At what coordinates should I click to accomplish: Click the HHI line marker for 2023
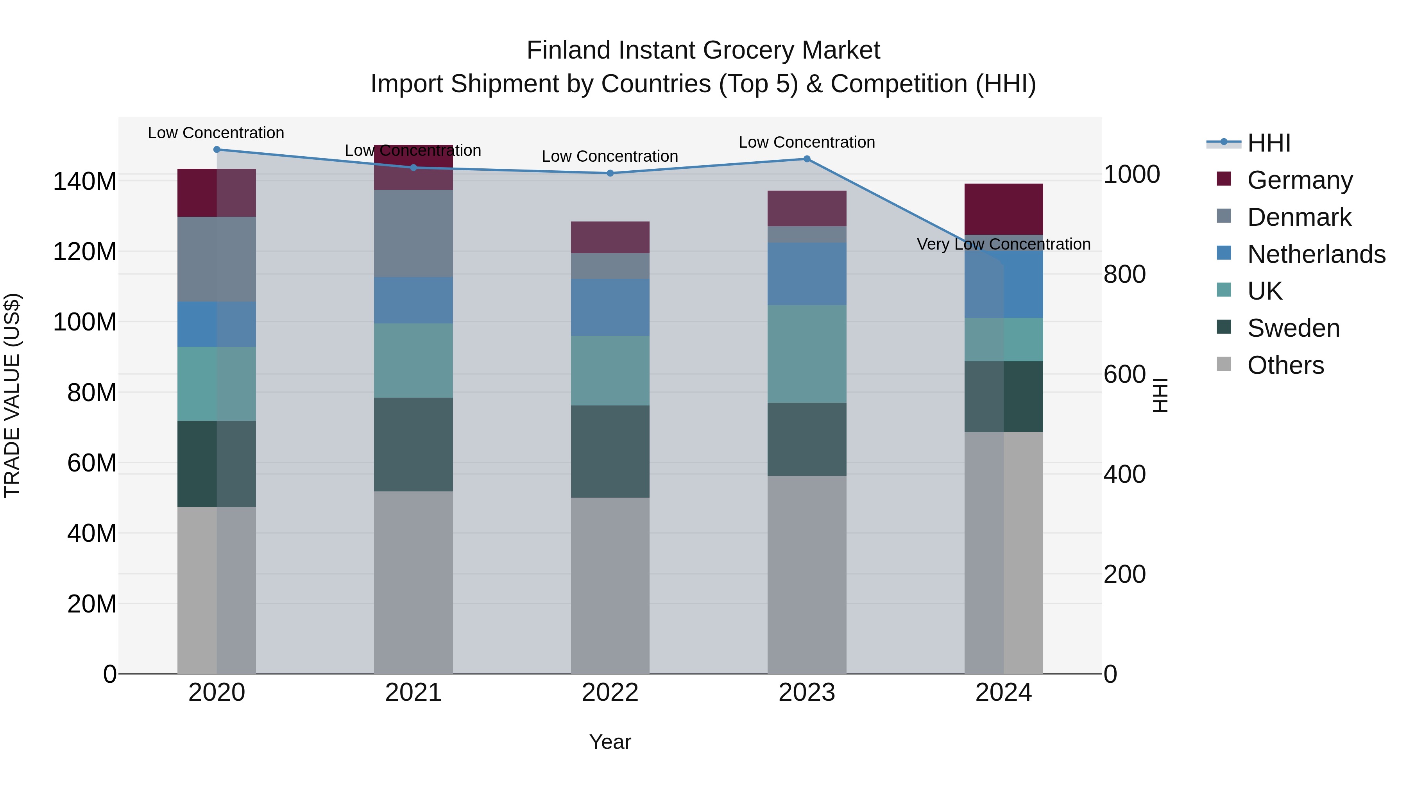click(x=807, y=159)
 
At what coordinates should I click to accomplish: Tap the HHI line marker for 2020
click(x=217, y=150)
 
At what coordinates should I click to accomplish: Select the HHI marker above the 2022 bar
click(x=610, y=173)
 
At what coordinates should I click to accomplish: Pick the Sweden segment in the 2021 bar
click(x=414, y=445)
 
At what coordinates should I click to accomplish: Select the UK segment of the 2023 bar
click(x=807, y=354)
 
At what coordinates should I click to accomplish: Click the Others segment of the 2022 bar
click(x=610, y=585)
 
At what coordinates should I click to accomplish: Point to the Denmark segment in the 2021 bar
click(x=414, y=233)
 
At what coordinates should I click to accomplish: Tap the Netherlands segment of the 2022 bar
click(x=610, y=307)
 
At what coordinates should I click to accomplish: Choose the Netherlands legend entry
click(x=1316, y=254)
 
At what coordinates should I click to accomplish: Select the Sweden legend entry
click(x=1293, y=328)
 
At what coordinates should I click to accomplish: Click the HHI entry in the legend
click(x=1269, y=143)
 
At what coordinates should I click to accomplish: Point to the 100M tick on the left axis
click(x=85, y=322)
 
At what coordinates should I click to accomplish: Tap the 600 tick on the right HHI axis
click(x=1124, y=375)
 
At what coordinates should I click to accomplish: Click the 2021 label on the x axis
click(x=414, y=693)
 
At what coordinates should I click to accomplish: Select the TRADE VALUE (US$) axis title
click(x=12, y=395)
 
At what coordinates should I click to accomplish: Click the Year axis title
click(x=610, y=742)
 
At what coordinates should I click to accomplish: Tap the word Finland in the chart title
click(x=569, y=50)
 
